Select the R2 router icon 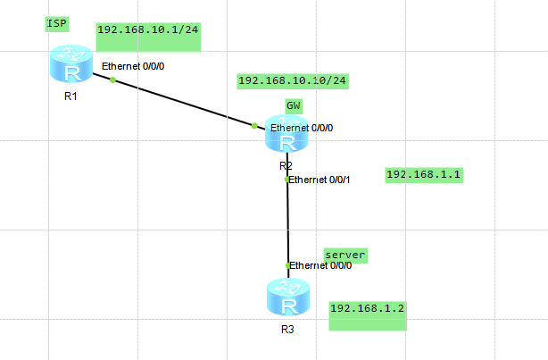point(286,136)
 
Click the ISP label point(58,23)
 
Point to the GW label point(294,105)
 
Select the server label point(345,255)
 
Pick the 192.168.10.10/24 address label point(292,80)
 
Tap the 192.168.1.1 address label point(422,174)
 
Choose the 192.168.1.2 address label point(368,308)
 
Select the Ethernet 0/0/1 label point(320,180)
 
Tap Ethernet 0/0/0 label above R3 point(320,265)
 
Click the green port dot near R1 point(112,80)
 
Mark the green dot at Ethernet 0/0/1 point(286,180)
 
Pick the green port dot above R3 point(287,265)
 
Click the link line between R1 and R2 point(183,103)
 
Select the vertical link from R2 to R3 point(287,223)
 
